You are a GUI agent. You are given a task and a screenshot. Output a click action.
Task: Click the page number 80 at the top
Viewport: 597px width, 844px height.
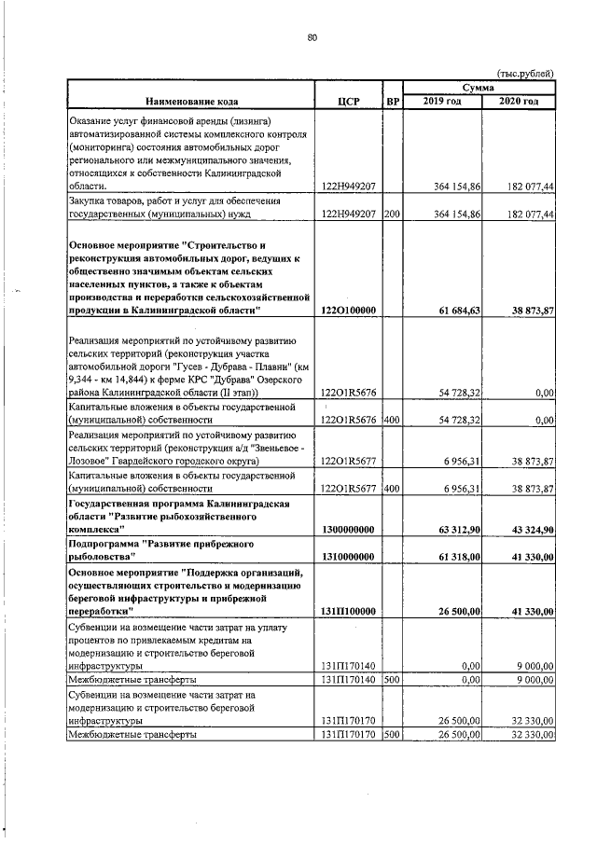tap(312, 38)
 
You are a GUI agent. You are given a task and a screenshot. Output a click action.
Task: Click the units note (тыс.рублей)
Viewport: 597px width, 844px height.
tap(525, 73)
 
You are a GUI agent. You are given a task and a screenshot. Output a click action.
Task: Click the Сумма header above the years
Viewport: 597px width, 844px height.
tap(479, 86)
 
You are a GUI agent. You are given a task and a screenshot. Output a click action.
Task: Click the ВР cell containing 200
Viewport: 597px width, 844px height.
tap(392, 214)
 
